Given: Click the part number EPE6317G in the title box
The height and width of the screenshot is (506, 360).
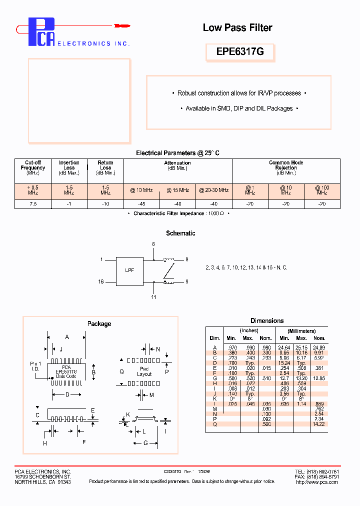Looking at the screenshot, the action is pos(239,52).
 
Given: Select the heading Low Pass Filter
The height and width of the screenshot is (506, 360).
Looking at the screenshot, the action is pos(237,28).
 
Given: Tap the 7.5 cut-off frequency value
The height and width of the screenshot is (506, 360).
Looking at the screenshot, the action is pos(33,204).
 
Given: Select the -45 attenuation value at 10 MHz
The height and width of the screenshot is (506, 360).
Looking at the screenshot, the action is pos(141,204).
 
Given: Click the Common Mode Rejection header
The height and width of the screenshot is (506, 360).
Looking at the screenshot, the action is pos(286,165).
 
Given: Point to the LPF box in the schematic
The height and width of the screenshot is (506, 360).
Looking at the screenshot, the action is pos(129,270).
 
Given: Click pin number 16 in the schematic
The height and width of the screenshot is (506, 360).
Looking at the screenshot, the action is pos(101,282).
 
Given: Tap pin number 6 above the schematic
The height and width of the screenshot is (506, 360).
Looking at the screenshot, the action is pos(153,244).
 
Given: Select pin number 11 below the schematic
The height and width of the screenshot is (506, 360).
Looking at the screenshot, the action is pos(153,297).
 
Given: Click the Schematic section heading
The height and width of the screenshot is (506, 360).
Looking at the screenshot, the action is pos(180,233).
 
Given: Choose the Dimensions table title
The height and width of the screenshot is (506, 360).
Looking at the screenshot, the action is pos(267,320).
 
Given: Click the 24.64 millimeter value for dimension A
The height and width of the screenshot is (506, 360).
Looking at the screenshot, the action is pos(284,347).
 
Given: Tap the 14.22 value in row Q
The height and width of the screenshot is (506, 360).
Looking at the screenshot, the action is pos(318,423).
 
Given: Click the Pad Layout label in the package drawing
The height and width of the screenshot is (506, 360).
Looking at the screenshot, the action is pos(144,371).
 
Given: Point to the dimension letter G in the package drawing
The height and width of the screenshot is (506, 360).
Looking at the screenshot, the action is pos(145,443).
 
